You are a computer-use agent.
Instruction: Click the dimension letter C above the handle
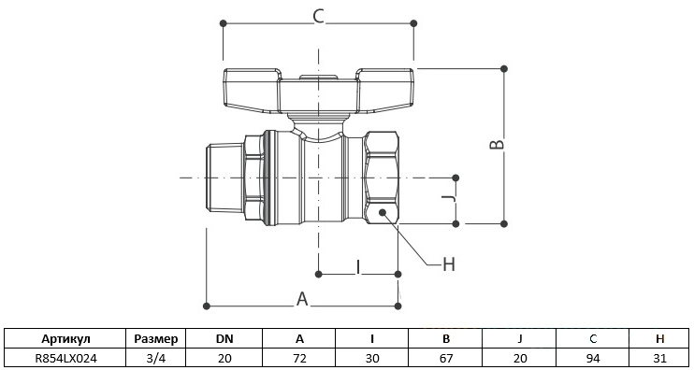pos(319,16)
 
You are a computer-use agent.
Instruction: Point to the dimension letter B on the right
pos(497,145)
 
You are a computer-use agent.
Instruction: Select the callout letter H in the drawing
pos(449,264)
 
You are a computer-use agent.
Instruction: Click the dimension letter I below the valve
pos(358,267)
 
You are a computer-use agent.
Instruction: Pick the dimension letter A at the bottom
pos(302,299)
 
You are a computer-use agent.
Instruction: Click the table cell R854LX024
pos(65,358)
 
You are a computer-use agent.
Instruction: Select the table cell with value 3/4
pos(156,358)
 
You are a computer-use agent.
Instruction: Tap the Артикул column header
pos(65,339)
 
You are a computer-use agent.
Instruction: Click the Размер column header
pos(156,339)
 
